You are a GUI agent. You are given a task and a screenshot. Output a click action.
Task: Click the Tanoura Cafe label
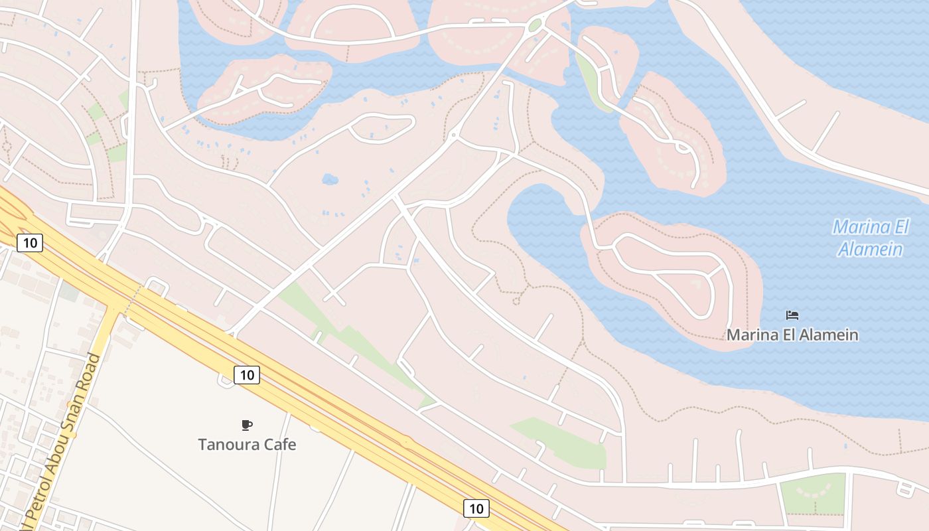point(247,444)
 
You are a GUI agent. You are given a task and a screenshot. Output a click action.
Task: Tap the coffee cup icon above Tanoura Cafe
point(247,425)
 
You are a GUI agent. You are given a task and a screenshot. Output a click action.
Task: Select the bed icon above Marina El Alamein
point(792,315)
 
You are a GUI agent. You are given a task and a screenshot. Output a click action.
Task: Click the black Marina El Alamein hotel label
point(792,335)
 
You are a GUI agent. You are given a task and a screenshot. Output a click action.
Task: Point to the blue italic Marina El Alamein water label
point(870,238)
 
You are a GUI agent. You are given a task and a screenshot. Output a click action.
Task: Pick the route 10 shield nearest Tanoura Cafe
point(247,375)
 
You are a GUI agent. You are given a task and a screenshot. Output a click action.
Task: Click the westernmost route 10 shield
point(30,242)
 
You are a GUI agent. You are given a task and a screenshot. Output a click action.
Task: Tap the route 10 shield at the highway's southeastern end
point(476,508)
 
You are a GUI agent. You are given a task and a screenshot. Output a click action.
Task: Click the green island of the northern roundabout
point(535,26)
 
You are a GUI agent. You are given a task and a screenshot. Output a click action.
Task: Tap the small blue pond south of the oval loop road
point(330,179)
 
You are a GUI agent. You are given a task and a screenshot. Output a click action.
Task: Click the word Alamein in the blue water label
point(870,250)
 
